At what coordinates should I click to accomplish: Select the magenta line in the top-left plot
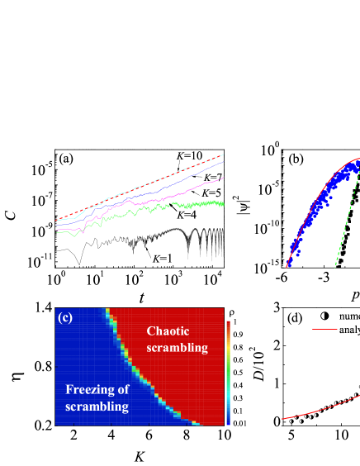[198, 184]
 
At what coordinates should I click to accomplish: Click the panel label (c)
[65, 316]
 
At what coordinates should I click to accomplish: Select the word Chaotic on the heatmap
[168, 331]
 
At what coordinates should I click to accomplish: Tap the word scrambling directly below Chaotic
[177, 348]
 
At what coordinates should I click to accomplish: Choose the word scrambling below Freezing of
[97, 407]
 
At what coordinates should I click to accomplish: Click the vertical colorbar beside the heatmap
[229, 372]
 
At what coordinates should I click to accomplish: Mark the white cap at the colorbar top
[229, 319]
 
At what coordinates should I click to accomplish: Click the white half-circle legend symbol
[323, 315]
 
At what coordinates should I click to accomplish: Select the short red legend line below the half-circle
[324, 329]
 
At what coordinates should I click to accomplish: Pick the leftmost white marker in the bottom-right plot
[291, 421]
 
